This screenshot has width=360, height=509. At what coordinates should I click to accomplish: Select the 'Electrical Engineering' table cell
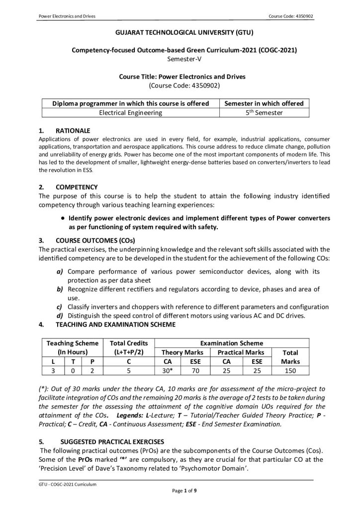130,113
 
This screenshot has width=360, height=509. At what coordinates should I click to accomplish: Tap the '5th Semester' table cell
264,113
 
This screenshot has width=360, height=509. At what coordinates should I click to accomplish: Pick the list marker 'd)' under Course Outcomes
60,315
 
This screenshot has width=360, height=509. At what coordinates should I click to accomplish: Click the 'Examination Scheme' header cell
232,343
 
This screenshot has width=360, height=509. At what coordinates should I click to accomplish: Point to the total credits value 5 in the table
128,370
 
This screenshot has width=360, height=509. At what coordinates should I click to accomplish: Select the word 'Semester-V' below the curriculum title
180,58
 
